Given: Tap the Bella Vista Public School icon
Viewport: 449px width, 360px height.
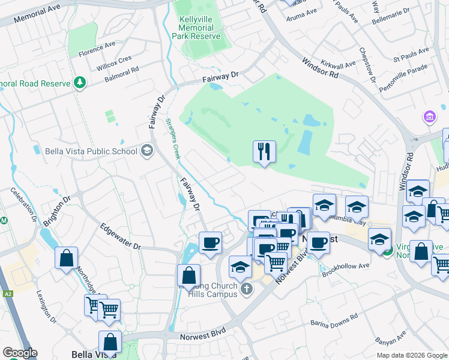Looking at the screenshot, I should tap(146, 151).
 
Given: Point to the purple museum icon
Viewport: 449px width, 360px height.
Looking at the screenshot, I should tap(429, 116).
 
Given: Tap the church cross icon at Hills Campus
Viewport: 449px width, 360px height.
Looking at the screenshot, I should tap(246, 290).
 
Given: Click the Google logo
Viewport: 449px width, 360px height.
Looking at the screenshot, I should tap(19, 353).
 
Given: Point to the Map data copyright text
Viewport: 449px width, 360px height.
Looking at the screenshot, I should tap(411, 355).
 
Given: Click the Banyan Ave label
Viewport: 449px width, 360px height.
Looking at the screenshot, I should tap(390, 337).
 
